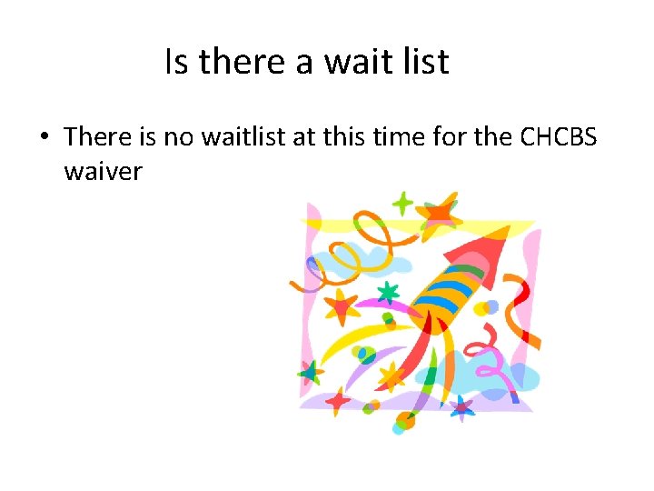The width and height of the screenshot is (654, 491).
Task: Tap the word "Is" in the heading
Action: pos(178,62)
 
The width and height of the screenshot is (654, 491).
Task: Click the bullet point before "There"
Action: pos(43,138)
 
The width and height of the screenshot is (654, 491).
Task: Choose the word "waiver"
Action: pos(104,170)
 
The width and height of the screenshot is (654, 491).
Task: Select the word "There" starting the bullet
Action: pos(99,137)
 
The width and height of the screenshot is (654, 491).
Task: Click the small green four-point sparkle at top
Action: pos(401,203)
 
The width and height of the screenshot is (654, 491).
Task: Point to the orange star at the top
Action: pos(438,213)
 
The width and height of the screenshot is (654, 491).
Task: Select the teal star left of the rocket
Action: pos(389,292)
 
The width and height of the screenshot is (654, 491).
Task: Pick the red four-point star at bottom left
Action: pos(338,399)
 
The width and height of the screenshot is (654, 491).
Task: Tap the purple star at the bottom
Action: pos(461,408)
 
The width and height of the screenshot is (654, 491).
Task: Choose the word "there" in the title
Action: pos(241,62)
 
